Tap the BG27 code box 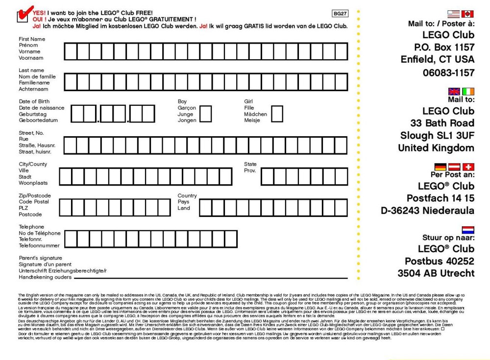[x=340, y=14]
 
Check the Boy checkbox [x=206, y=114]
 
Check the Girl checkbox [x=277, y=114]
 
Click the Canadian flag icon [x=468, y=14]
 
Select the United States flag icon [x=454, y=14]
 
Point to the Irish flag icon [x=468, y=92]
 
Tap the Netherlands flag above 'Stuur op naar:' [x=468, y=229]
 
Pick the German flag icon [x=440, y=168]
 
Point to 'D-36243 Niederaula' [x=427, y=211]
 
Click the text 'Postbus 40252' [x=440, y=261]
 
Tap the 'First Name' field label [x=32, y=39]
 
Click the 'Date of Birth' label [x=34, y=101]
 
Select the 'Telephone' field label [x=31, y=227]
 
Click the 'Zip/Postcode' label [x=35, y=195]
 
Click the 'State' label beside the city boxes [x=250, y=164]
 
